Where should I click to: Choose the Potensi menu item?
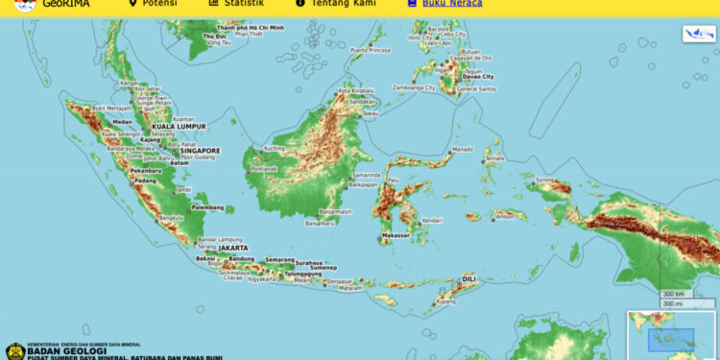click(x=158, y=4)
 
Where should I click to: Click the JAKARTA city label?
click(x=234, y=248)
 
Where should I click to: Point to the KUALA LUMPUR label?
click(x=179, y=126)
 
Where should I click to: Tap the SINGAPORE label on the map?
click(x=199, y=151)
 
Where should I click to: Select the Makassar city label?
click(x=396, y=235)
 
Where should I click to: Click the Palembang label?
click(x=214, y=207)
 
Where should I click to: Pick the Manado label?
click(x=463, y=150)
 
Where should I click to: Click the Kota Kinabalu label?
click(x=355, y=91)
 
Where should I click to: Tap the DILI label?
click(x=469, y=278)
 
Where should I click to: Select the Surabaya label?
click(x=309, y=262)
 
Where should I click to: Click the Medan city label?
click(x=122, y=122)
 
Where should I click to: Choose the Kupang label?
click(x=445, y=301)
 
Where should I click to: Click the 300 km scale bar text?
click(x=673, y=294)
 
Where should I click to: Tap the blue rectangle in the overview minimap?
click(x=671, y=339)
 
